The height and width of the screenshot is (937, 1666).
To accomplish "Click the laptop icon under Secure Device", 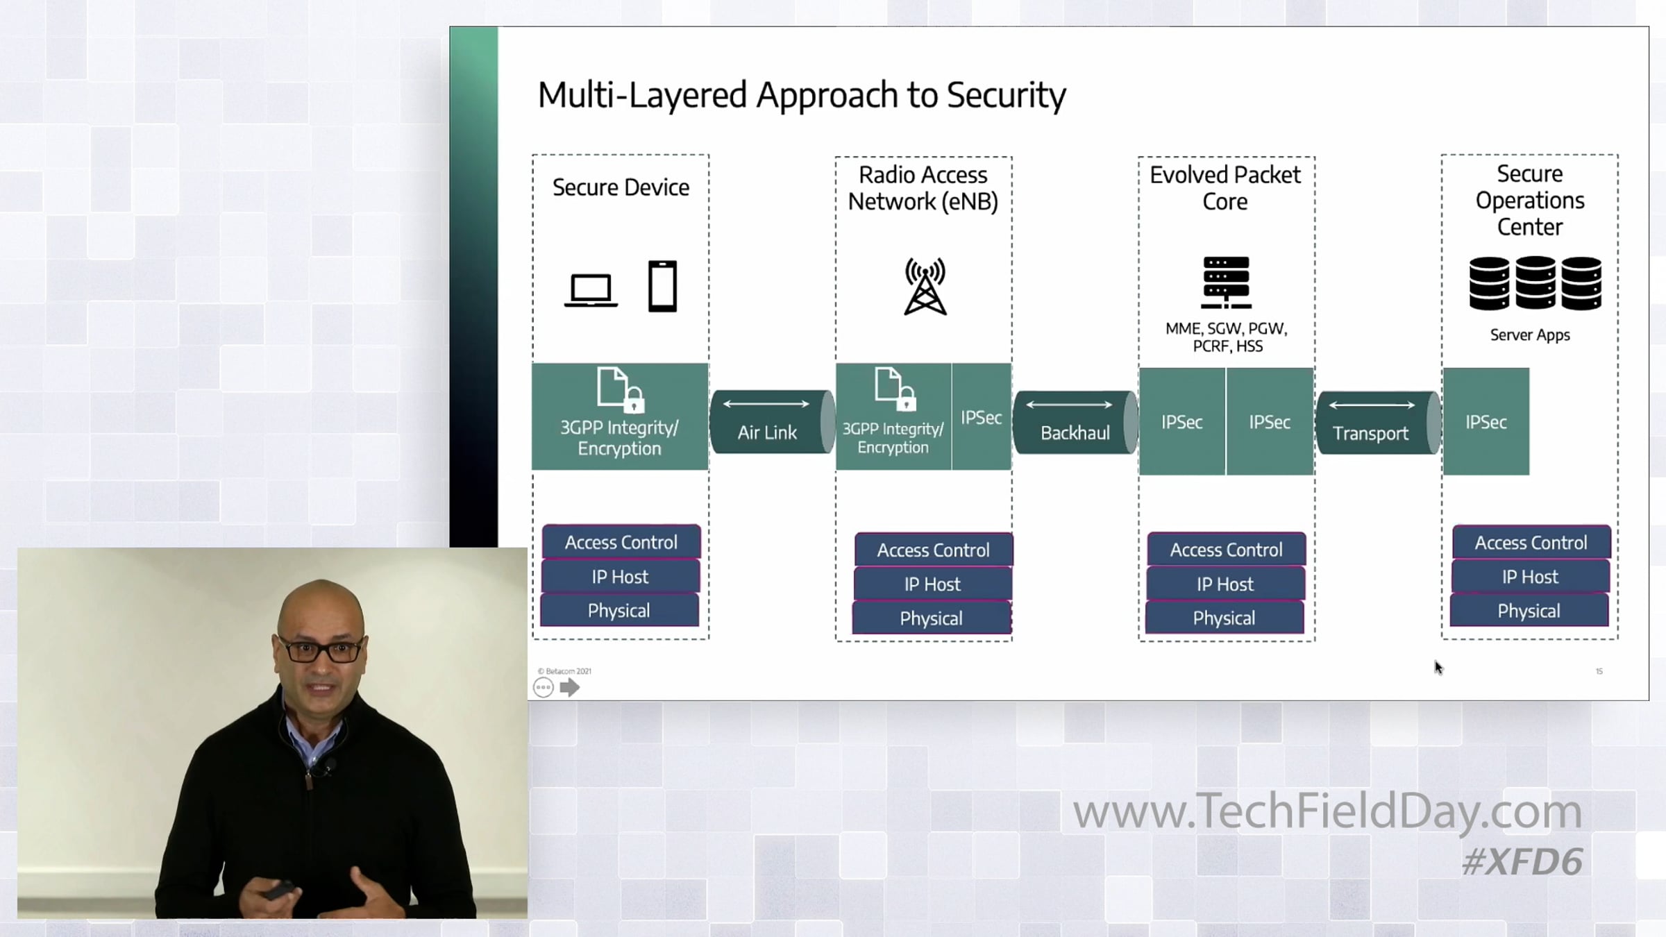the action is [591, 290].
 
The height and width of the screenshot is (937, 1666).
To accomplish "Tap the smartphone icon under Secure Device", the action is [662, 286].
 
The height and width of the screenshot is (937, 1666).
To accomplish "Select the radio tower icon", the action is [925, 286].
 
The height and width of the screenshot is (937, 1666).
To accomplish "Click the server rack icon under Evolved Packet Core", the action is [1226, 282].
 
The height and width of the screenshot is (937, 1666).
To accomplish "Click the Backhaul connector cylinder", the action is [1075, 422].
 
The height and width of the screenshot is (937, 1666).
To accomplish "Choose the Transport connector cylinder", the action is [1378, 422].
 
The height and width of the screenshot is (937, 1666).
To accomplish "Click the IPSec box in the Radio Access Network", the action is [982, 416].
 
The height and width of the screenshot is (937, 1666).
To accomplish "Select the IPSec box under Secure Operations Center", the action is [1486, 421].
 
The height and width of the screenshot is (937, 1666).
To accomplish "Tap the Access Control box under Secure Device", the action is [621, 542].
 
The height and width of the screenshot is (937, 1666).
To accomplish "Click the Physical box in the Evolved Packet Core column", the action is [1225, 618].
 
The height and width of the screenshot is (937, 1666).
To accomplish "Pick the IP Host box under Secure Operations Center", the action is [1530, 577].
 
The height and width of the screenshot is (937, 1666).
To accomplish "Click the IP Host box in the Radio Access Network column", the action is [933, 584].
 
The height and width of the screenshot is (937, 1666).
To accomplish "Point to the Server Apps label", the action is [1530, 335].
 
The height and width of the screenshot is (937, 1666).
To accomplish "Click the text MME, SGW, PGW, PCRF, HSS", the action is [1227, 337].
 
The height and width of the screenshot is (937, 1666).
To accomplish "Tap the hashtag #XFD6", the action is [1522, 861].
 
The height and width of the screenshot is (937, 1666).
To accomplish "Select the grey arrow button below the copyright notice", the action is [569, 688].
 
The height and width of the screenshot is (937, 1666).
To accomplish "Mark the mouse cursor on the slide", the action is [1438, 667].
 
